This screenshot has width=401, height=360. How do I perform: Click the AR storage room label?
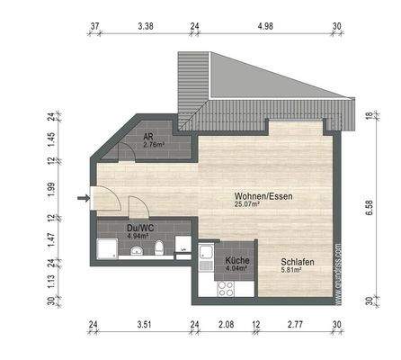pos(148,136)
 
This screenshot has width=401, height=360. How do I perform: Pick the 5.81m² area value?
pos(290,268)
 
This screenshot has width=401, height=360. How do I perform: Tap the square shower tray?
pos(106,249)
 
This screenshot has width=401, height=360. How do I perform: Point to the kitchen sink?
pos(207,253)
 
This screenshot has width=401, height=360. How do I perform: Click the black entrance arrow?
pos(84,198)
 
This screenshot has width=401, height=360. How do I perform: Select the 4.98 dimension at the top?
pos(264,26)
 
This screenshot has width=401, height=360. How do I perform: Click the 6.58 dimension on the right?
pos(370,207)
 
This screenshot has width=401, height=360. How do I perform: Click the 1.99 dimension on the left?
pos(52,189)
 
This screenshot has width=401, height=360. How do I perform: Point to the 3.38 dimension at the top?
pos(146,26)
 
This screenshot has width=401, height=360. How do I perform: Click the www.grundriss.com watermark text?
pos(338,261)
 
